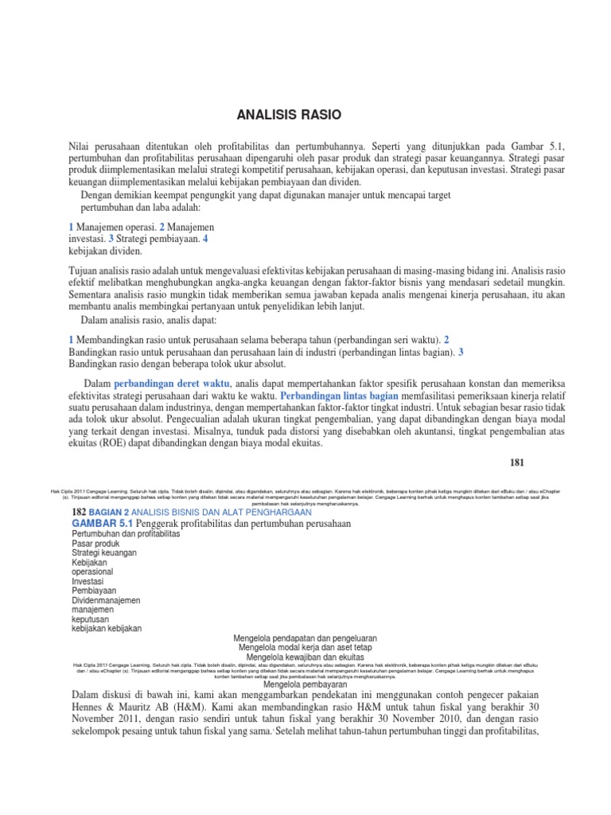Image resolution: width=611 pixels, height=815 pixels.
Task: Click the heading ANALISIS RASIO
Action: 289,115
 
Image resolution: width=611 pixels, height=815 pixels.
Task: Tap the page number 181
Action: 518,462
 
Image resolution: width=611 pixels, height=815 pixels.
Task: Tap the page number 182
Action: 82,512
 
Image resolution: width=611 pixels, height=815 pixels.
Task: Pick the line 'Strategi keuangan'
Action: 104,552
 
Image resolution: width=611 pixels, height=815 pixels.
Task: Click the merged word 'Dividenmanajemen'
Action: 106,600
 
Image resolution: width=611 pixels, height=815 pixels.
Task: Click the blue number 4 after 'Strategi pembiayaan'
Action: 206,238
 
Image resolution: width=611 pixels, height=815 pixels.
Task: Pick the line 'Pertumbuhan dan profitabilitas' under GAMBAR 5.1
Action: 126,533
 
